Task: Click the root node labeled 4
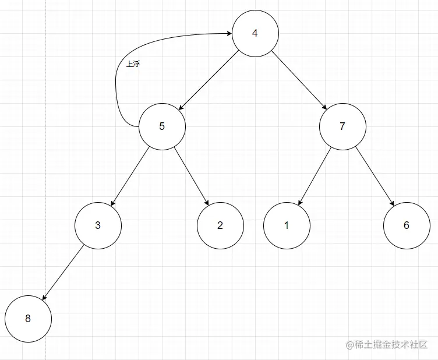255,33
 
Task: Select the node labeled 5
162,126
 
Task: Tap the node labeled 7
342,126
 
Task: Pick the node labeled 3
98,225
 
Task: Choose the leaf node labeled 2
220,225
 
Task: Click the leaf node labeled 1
286,225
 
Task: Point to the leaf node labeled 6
407,225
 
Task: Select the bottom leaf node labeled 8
28,319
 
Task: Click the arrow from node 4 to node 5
209,80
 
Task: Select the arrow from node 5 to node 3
130,175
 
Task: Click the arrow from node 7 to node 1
315,175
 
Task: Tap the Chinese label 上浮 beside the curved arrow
133,64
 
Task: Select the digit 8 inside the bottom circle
28,319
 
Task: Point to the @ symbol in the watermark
350,345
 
